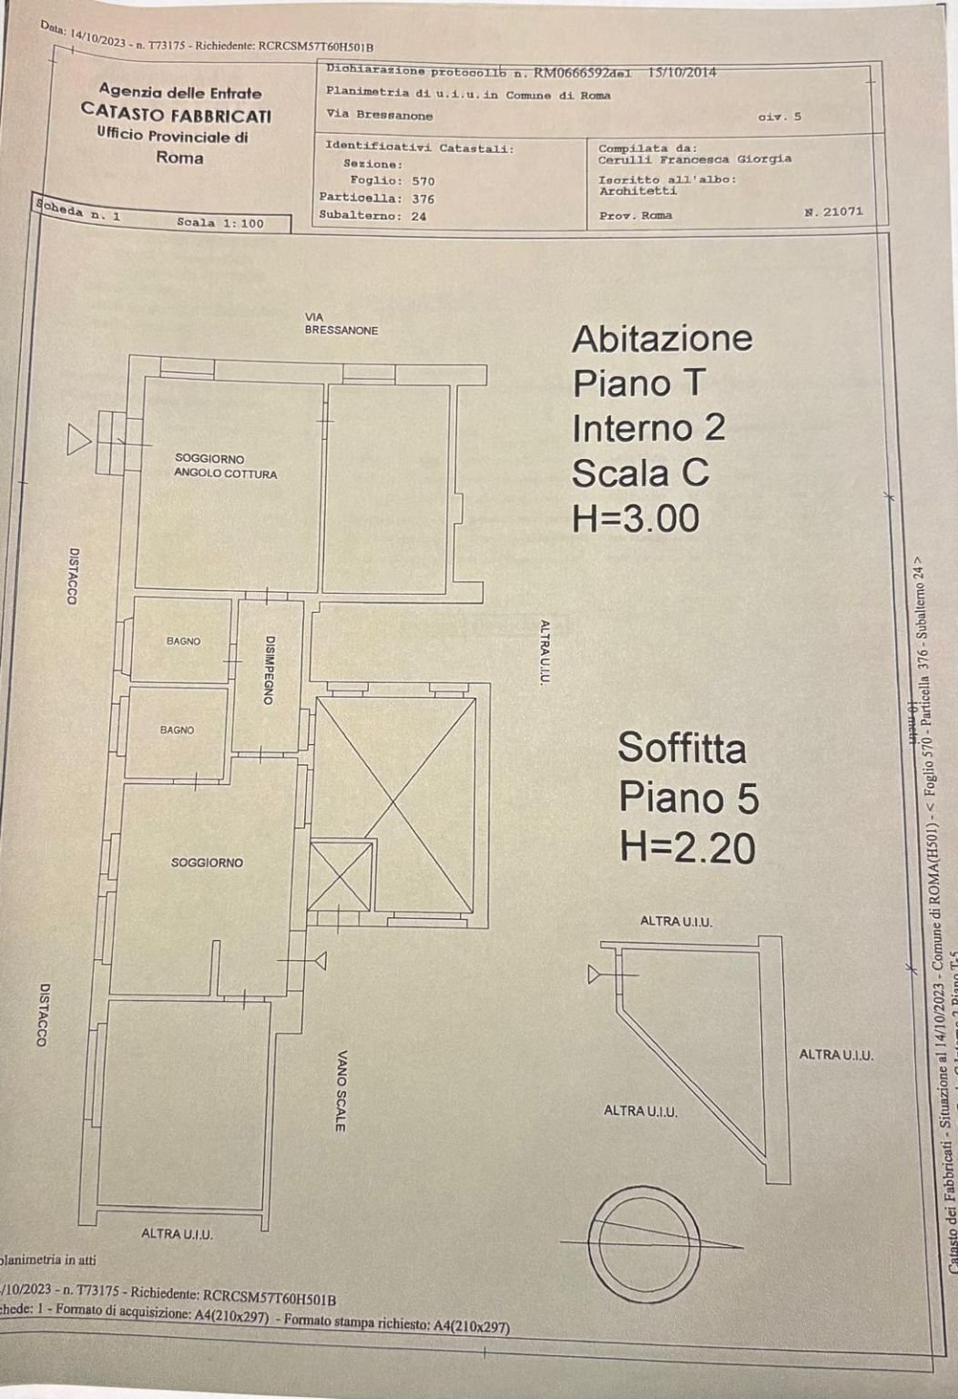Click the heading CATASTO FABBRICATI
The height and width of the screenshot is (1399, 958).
coord(176,115)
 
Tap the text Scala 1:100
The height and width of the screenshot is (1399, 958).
coord(219,222)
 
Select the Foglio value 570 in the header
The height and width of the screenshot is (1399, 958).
coord(423,181)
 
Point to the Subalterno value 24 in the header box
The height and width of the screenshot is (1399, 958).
coord(418,217)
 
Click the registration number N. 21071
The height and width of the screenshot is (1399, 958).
coord(833,211)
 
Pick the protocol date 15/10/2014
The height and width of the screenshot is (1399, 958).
coord(681,71)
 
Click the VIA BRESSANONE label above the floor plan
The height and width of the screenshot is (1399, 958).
coord(341,324)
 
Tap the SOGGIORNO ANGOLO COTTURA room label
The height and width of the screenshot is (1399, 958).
coord(225,466)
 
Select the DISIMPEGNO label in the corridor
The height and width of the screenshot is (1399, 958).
coord(269,669)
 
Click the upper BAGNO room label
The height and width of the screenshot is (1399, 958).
coord(183,641)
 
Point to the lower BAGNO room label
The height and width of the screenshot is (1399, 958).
coord(177,730)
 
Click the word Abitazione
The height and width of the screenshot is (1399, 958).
coord(662,338)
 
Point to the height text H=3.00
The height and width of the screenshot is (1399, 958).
coord(636,518)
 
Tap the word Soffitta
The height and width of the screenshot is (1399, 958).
coord(682,748)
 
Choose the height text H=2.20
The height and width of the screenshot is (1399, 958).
coord(688,848)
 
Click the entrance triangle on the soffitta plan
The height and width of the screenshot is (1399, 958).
coord(595,975)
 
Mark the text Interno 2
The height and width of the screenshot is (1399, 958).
coord(648,428)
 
